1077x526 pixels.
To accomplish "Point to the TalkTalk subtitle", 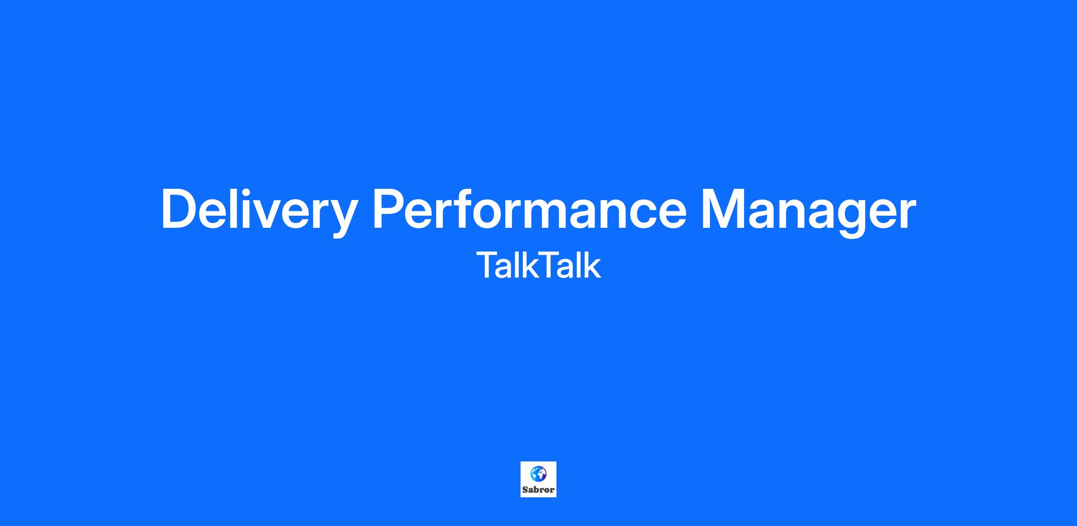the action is tap(538, 265).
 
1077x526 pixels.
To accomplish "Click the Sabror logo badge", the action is tap(538, 479).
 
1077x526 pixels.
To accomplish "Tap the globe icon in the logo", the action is tap(538, 474).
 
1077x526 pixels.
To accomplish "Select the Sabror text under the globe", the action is tap(538, 490).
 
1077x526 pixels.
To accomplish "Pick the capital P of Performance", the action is tap(391, 209).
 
